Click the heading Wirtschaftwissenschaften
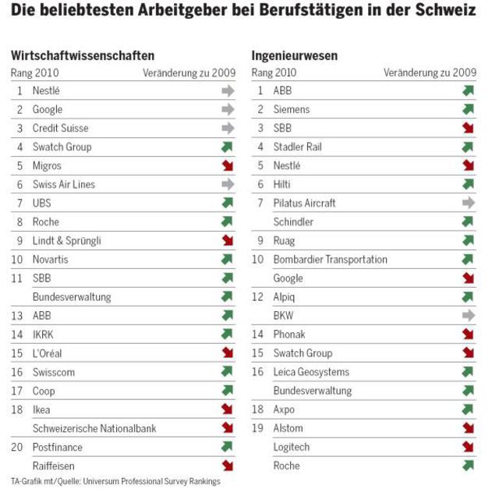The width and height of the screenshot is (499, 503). [x=83, y=55]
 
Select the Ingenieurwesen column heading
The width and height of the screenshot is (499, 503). [x=294, y=55]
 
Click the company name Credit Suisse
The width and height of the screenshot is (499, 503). [x=60, y=128]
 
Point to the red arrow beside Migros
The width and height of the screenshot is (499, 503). [x=228, y=165]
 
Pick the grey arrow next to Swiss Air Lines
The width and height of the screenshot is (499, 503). [x=228, y=184]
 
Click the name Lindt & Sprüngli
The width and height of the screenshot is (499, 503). [x=67, y=240]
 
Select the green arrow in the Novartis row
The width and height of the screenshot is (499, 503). [x=228, y=259]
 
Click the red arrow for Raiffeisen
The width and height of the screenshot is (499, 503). [x=228, y=466]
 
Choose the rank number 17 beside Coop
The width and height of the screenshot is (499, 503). [x=17, y=391]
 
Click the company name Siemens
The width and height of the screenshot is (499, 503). [x=292, y=109]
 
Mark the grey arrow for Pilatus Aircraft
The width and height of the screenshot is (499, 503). [x=468, y=203]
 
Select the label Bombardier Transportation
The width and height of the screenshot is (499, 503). [x=330, y=259]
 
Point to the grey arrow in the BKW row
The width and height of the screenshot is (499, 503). [x=468, y=315]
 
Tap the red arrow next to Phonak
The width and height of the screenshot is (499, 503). [x=468, y=335]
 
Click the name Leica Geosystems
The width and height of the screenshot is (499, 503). [x=311, y=372]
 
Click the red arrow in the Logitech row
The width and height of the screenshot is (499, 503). [x=468, y=447]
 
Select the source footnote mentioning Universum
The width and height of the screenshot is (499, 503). [x=115, y=481]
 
